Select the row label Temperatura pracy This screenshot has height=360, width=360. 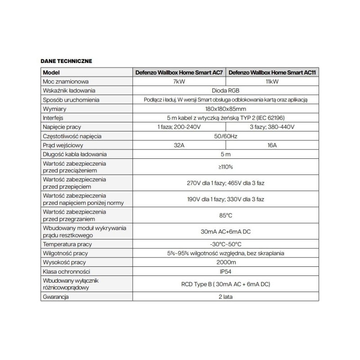tap(67, 244)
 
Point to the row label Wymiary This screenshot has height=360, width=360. tap(54, 109)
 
